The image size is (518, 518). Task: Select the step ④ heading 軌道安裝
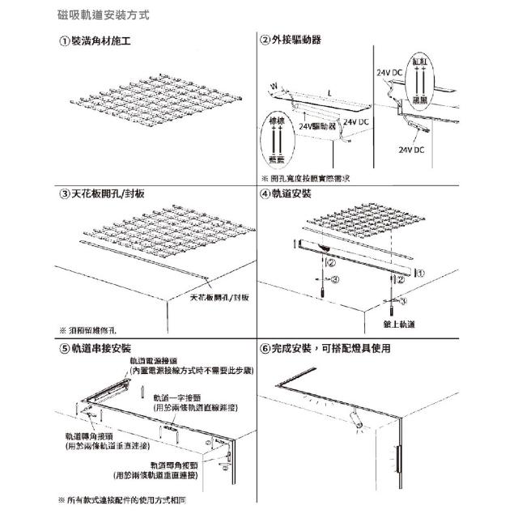coord(285,195)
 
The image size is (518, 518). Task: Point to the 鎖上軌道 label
coord(400,324)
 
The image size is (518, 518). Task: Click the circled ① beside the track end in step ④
coord(420,273)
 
